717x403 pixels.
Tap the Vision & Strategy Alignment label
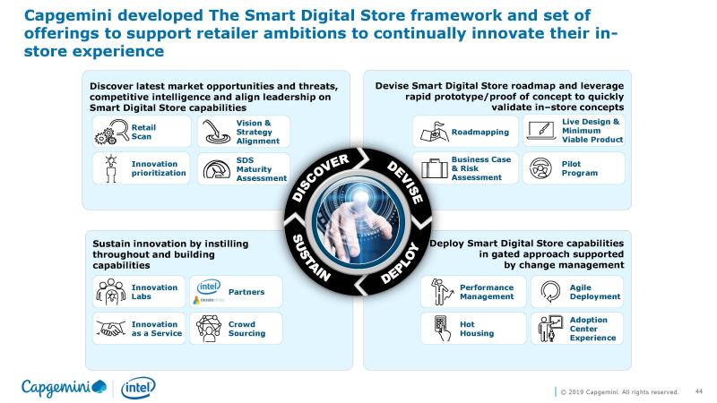[258, 132]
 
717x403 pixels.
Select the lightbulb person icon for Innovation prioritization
[110, 168]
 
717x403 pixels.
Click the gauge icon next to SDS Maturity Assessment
[216, 169]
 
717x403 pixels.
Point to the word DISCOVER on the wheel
[321, 177]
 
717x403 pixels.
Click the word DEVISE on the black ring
[405, 183]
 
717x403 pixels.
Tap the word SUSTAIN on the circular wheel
[311, 258]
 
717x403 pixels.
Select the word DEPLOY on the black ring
[400, 262]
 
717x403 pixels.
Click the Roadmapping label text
[480, 132]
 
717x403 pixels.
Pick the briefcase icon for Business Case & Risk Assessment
[435, 168]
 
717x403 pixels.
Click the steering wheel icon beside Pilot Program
[540, 168]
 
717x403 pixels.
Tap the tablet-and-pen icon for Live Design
[541, 130]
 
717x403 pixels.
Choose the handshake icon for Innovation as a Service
[110, 328]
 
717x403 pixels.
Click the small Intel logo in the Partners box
[209, 287]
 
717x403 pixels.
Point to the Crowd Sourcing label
[247, 329]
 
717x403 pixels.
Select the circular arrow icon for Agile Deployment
[550, 291]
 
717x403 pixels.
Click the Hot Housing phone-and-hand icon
[441, 329]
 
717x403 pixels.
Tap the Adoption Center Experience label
[592, 329]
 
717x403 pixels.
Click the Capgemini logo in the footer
[64, 388]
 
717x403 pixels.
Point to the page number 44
[699, 391]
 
